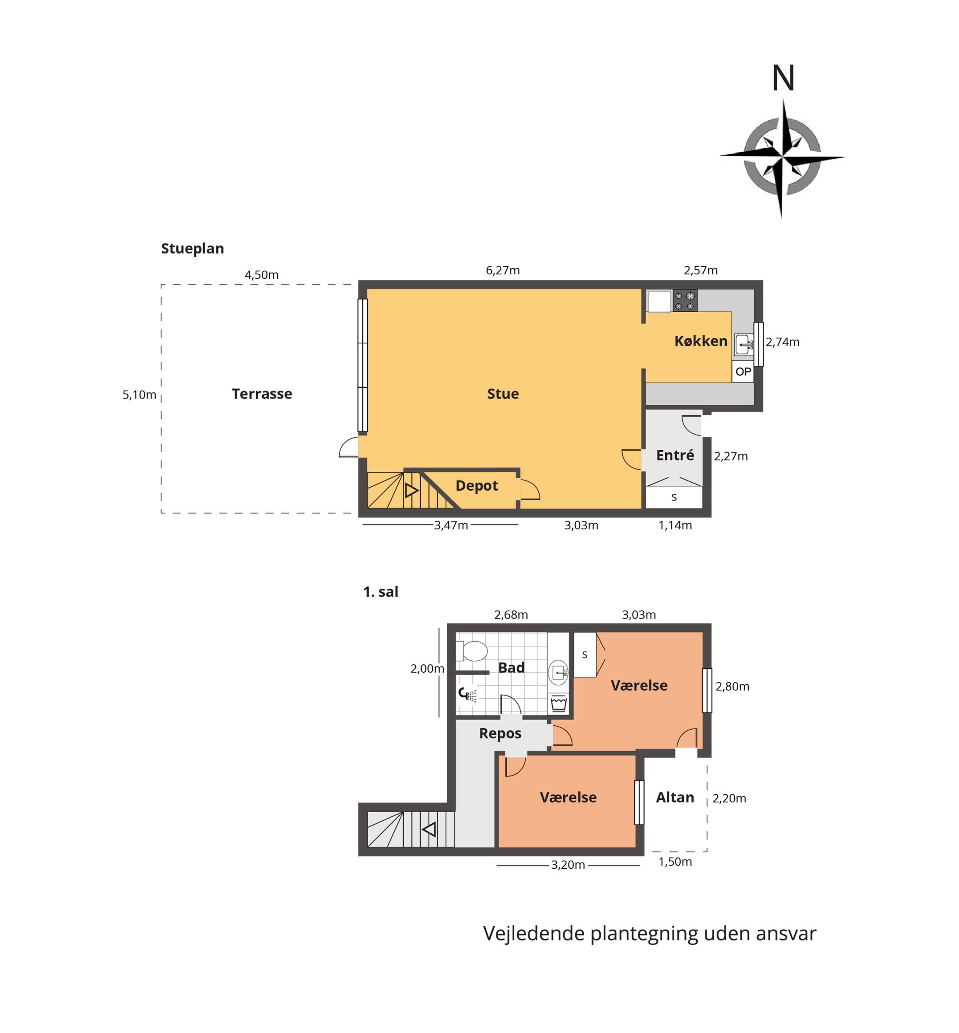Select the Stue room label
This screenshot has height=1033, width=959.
503,394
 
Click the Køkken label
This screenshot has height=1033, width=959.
701,341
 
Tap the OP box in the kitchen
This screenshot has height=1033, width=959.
743,372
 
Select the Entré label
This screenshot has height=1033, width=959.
675,455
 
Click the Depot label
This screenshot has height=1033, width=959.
476,486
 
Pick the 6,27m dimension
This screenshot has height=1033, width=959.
502,270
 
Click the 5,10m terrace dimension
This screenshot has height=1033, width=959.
139,395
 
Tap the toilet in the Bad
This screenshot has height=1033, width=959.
472,651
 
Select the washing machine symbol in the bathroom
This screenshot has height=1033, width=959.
558,704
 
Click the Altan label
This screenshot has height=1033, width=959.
675,797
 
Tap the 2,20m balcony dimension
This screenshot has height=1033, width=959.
729,798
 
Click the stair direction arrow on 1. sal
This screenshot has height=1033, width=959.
429,829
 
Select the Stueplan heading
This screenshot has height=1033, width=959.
192,248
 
